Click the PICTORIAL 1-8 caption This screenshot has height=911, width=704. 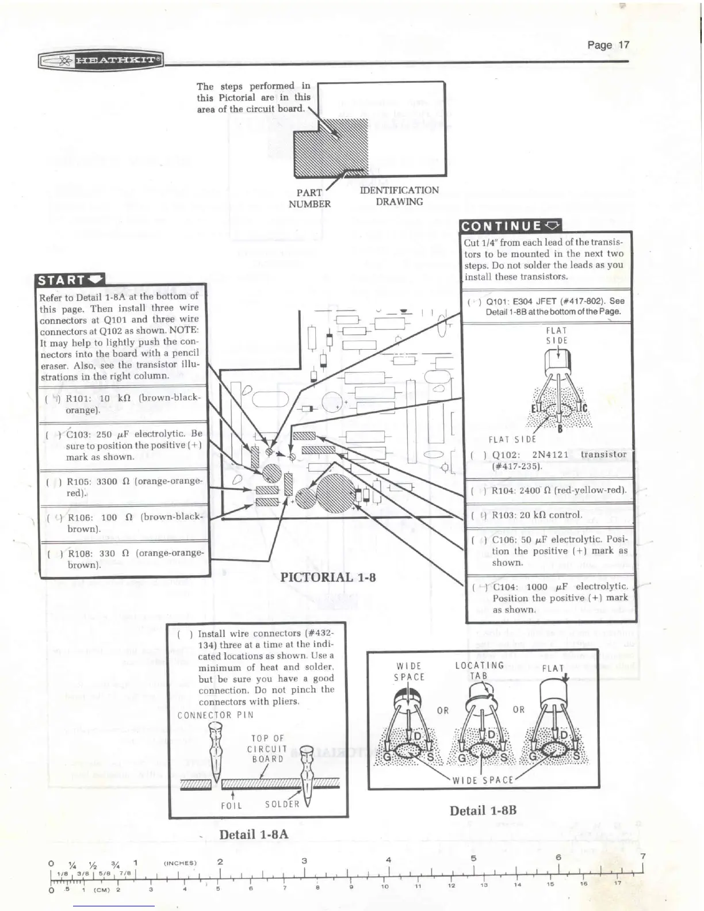tap(328, 577)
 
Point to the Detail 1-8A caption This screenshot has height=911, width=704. tap(254, 835)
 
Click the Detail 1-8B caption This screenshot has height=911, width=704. tap(483, 810)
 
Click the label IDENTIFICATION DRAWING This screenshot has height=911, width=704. tap(399, 196)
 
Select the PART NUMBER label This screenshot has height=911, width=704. tap(309, 198)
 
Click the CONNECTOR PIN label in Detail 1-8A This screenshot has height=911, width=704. tap(215, 715)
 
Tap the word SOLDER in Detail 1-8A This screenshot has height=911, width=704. tap(282, 804)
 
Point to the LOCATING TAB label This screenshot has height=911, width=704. tap(479, 671)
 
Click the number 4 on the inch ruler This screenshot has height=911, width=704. tap(389, 860)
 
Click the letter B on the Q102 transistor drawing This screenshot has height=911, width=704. tap(560, 427)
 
